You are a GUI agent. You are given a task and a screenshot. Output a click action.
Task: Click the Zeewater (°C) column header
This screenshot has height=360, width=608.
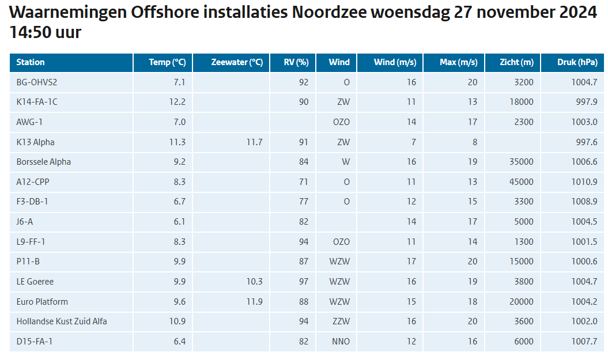coord(237,62)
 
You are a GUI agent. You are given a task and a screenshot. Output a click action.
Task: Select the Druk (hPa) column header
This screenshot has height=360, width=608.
coord(577,62)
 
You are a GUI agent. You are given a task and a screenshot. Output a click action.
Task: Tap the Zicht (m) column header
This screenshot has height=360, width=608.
coord(516,62)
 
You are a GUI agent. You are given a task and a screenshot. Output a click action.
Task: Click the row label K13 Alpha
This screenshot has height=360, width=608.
coord(35,142)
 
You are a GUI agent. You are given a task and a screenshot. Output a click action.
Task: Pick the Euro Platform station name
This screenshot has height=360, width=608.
coord(42,301)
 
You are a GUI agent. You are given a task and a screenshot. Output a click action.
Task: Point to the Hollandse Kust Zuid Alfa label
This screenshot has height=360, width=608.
coord(62,321)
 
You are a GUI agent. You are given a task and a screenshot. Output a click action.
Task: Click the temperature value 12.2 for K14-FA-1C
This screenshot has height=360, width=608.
coord(177,102)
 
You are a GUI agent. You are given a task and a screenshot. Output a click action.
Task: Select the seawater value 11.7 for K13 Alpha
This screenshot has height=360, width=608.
coord(254,142)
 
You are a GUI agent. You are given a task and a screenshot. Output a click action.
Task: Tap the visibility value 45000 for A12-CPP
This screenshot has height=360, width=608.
coord(521,182)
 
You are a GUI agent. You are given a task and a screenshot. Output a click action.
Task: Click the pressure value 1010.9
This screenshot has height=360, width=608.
coord(584,182)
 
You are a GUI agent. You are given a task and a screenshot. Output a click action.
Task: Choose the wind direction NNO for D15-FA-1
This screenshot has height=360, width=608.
coord(341,342)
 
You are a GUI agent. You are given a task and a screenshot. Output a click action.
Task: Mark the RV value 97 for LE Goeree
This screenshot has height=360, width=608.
coord(304,281)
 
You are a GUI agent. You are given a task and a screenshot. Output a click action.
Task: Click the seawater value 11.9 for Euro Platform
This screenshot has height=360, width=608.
coord(254,301)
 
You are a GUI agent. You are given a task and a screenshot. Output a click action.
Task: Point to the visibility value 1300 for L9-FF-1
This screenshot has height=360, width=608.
coord(524,241)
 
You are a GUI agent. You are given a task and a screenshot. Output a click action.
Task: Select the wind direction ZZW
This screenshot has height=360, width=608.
coord(341,321)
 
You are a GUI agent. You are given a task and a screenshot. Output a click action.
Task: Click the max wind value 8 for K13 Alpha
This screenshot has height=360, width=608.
coord(475,142)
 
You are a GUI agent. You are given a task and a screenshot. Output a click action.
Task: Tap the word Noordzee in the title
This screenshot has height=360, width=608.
coord(329,13)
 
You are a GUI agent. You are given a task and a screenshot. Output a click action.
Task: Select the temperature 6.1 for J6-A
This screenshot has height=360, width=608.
coord(180,222)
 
